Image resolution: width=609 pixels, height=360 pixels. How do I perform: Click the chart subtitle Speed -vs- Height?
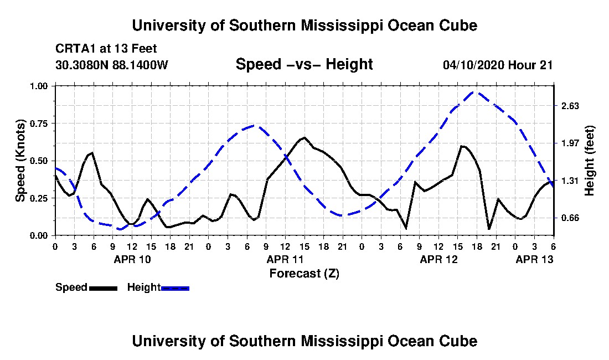point(304,64)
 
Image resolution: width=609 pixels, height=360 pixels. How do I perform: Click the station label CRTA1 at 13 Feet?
point(106,49)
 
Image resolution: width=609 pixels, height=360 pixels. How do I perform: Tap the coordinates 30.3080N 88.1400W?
point(112,65)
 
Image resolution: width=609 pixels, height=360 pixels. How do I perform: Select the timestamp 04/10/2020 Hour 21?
point(498,65)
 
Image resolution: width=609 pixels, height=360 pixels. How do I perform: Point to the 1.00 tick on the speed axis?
point(39,86)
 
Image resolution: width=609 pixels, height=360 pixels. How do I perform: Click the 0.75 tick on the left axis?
point(39,124)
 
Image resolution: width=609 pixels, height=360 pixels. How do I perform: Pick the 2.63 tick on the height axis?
point(570,106)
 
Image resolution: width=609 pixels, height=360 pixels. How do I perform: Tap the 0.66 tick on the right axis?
point(570,218)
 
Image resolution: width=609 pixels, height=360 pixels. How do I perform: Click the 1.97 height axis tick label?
point(570,143)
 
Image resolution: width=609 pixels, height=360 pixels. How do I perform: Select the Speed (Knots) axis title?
point(20,161)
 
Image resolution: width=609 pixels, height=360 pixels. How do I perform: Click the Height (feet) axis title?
point(590,161)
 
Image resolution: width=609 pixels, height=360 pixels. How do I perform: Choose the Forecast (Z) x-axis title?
point(304,274)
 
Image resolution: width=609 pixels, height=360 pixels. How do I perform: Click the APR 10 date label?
point(132,259)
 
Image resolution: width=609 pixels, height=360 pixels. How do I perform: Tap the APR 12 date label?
point(439,259)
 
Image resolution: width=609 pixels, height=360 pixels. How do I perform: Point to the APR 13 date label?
point(534,259)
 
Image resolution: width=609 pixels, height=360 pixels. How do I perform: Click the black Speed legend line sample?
point(103,288)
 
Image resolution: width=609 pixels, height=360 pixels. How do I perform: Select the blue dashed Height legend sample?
point(175,288)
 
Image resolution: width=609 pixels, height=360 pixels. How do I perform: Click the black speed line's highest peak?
point(304,137)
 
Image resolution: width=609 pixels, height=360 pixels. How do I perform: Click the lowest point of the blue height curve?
point(119,229)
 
